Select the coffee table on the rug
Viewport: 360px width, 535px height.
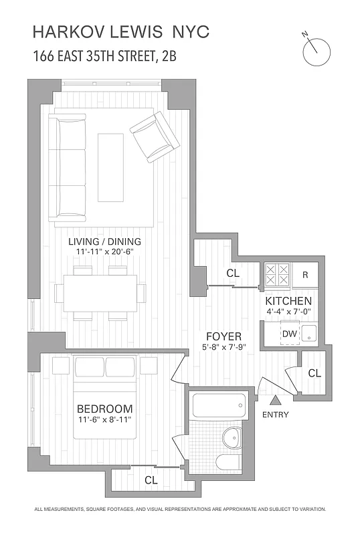tap(110, 167)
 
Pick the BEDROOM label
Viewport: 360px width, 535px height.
tap(104, 409)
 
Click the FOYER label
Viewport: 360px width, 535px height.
tap(223, 336)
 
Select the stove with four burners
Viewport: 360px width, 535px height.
tap(277, 274)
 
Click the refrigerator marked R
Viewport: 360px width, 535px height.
tap(304, 274)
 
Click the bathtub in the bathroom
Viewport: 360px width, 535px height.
tap(219, 405)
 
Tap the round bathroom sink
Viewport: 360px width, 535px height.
tap(232, 438)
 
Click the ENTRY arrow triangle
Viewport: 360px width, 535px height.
tap(276, 401)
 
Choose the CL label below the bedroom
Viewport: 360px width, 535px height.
tap(151, 479)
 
